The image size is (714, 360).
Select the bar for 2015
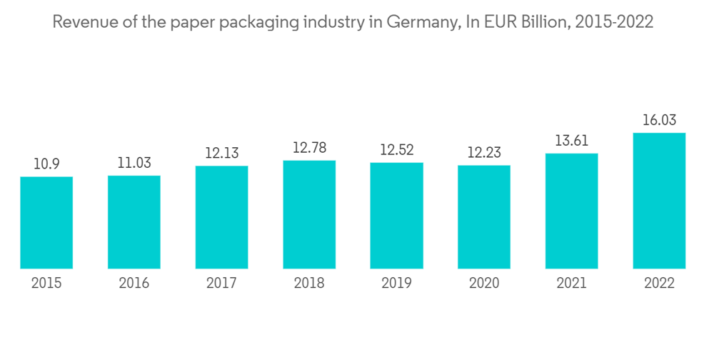coord(46,222)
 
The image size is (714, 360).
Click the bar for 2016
coord(134,221)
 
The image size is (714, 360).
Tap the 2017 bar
coord(221,217)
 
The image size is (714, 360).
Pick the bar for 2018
coord(309,214)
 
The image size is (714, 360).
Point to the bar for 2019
coord(396,216)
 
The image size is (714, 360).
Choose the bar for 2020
coord(484,216)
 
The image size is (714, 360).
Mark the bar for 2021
coord(571,211)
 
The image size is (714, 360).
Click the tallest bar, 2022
coord(659,201)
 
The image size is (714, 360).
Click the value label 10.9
coord(46,164)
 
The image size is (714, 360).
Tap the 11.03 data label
coord(134,163)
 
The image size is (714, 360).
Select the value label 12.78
coord(309,148)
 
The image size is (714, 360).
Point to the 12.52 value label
coord(396,150)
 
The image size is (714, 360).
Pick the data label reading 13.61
coord(571,141)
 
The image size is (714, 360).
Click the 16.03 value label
coord(659,120)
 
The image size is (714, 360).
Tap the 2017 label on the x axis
coord(221,284)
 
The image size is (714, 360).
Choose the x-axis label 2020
coord(484,284)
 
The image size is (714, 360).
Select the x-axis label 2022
coord(659,284)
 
